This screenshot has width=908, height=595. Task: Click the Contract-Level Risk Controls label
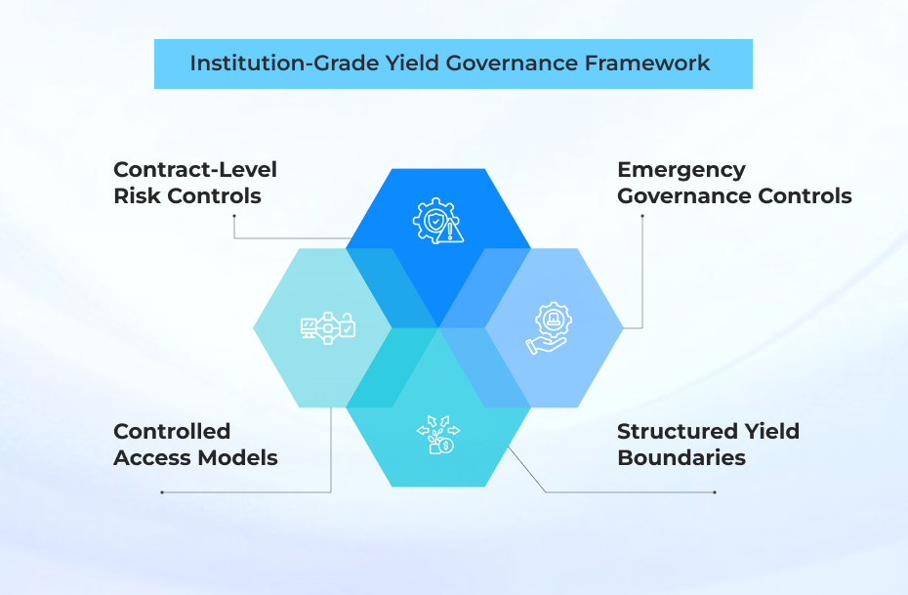coord(195,183)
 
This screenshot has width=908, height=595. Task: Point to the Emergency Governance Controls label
coord(734,183)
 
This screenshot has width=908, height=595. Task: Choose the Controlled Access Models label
coord(195,445)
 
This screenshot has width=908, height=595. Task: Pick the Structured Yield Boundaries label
coord(708,445)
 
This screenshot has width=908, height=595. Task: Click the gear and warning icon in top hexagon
coord(438,222)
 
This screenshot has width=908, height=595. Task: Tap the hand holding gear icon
coord(549,328)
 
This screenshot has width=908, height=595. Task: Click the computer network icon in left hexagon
coord(327,328)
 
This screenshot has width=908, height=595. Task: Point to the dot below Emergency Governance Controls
coord(641,216)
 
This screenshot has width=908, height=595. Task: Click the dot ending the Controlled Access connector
coord(162,492)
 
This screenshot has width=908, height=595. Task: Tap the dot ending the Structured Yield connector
coord(715,492)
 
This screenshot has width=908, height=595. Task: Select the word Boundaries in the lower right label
coord(681,458)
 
